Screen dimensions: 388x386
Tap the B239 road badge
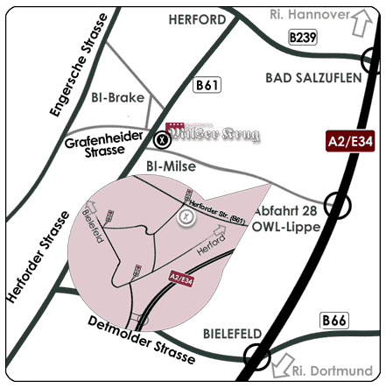(303, 37)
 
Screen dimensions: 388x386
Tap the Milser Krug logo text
(214, 136)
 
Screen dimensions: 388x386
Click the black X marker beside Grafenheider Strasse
(162, 138)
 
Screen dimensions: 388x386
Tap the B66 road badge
(333, 321)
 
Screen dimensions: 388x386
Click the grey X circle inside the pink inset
(186, 216)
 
